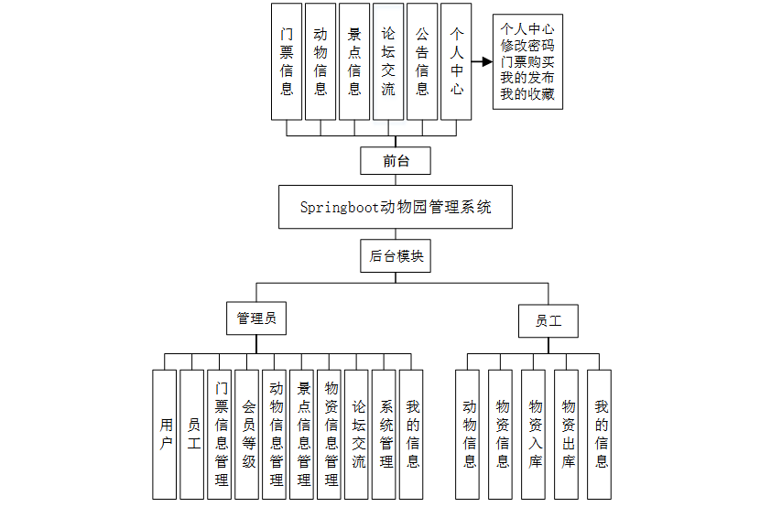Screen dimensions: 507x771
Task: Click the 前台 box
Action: click(396, 161)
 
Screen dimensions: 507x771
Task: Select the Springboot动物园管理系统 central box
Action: click(396, 208)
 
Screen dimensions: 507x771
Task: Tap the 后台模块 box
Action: click(396, 256)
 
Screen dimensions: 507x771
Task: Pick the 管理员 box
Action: click(256, 318)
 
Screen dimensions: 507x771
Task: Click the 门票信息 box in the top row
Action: click(287, 61)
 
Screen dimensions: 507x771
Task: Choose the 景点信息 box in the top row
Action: click(354, 61)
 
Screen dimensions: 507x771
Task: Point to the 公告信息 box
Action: click(422, 61)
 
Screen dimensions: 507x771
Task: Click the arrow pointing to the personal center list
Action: click(483, 61)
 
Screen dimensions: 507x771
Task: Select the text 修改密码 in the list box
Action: click(527, 45)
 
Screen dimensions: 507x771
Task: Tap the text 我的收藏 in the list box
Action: click(527, 94)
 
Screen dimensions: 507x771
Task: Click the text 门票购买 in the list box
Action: click(527, 61)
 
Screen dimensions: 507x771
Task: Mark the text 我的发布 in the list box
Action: click(527, 78)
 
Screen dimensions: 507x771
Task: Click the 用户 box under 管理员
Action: click(165, 434)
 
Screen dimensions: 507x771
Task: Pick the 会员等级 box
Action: click(247, 434)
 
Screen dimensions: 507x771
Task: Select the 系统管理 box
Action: click(385, 434)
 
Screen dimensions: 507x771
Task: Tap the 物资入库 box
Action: click(536, 434)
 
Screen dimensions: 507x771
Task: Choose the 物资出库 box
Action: click(569, 434)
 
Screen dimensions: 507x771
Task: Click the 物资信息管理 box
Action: click(331, 434)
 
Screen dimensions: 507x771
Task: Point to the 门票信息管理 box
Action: click(220, 434)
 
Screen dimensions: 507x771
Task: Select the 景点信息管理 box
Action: click(303, 434)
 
